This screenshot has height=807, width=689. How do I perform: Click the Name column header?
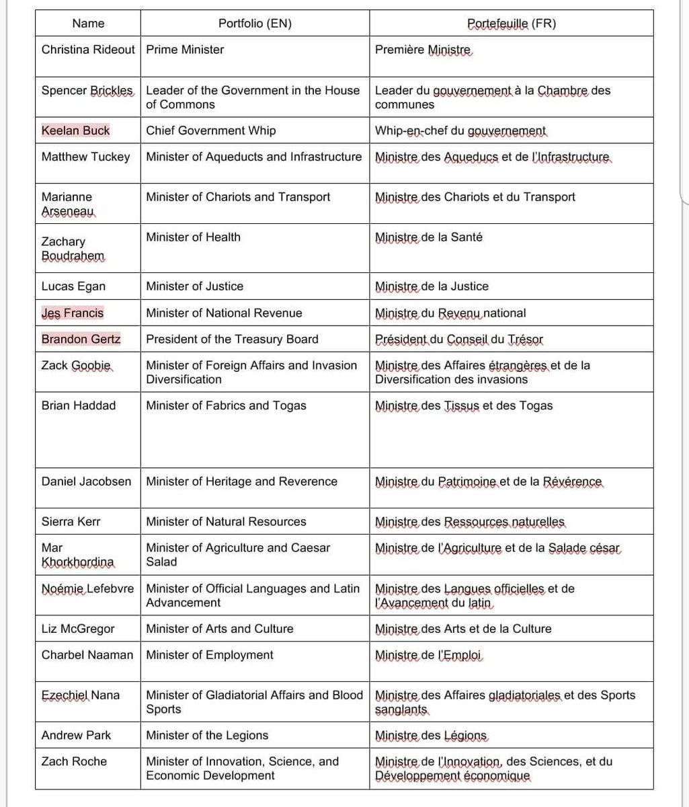pos(89,24)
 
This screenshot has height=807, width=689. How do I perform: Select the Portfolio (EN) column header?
pos(255,24)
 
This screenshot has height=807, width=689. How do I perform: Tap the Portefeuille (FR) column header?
pos(512,24)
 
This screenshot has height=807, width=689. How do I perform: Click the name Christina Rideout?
pos(88,50)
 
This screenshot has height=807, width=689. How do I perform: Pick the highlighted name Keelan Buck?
pos(75,130)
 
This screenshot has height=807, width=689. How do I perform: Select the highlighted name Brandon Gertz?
pos(81,339)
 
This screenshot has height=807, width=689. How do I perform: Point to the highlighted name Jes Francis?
pos(73,313)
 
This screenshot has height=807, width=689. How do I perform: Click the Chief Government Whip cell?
pos(210,130)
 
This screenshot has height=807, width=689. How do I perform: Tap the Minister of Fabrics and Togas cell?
pos(226,406)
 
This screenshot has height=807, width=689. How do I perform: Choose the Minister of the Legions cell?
pos(207,735)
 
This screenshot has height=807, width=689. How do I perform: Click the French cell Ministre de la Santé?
pos(429,237)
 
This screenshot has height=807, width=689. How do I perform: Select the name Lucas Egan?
pos(73,286)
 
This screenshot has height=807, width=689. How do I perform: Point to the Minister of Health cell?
pos(193,237)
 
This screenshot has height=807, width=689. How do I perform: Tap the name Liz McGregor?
pos(78,629)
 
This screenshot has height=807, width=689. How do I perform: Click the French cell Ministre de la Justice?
pos(432,286)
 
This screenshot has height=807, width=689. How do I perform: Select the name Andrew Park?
pos(77,735)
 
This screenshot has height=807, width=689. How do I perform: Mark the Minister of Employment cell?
pos(210,655)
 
